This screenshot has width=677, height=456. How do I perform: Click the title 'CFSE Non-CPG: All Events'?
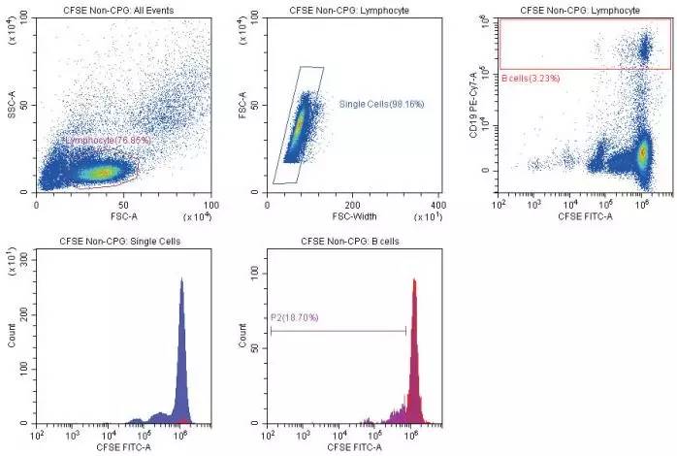click(124, 9)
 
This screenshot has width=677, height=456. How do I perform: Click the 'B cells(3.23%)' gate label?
click(532, 78)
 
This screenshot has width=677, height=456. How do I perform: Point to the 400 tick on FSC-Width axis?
click(437, 206)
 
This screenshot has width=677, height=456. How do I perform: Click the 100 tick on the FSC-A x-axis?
click(212, 205)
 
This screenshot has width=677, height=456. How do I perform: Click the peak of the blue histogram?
click(181, 281)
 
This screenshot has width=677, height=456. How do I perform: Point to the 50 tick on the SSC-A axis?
click(27, 105)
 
